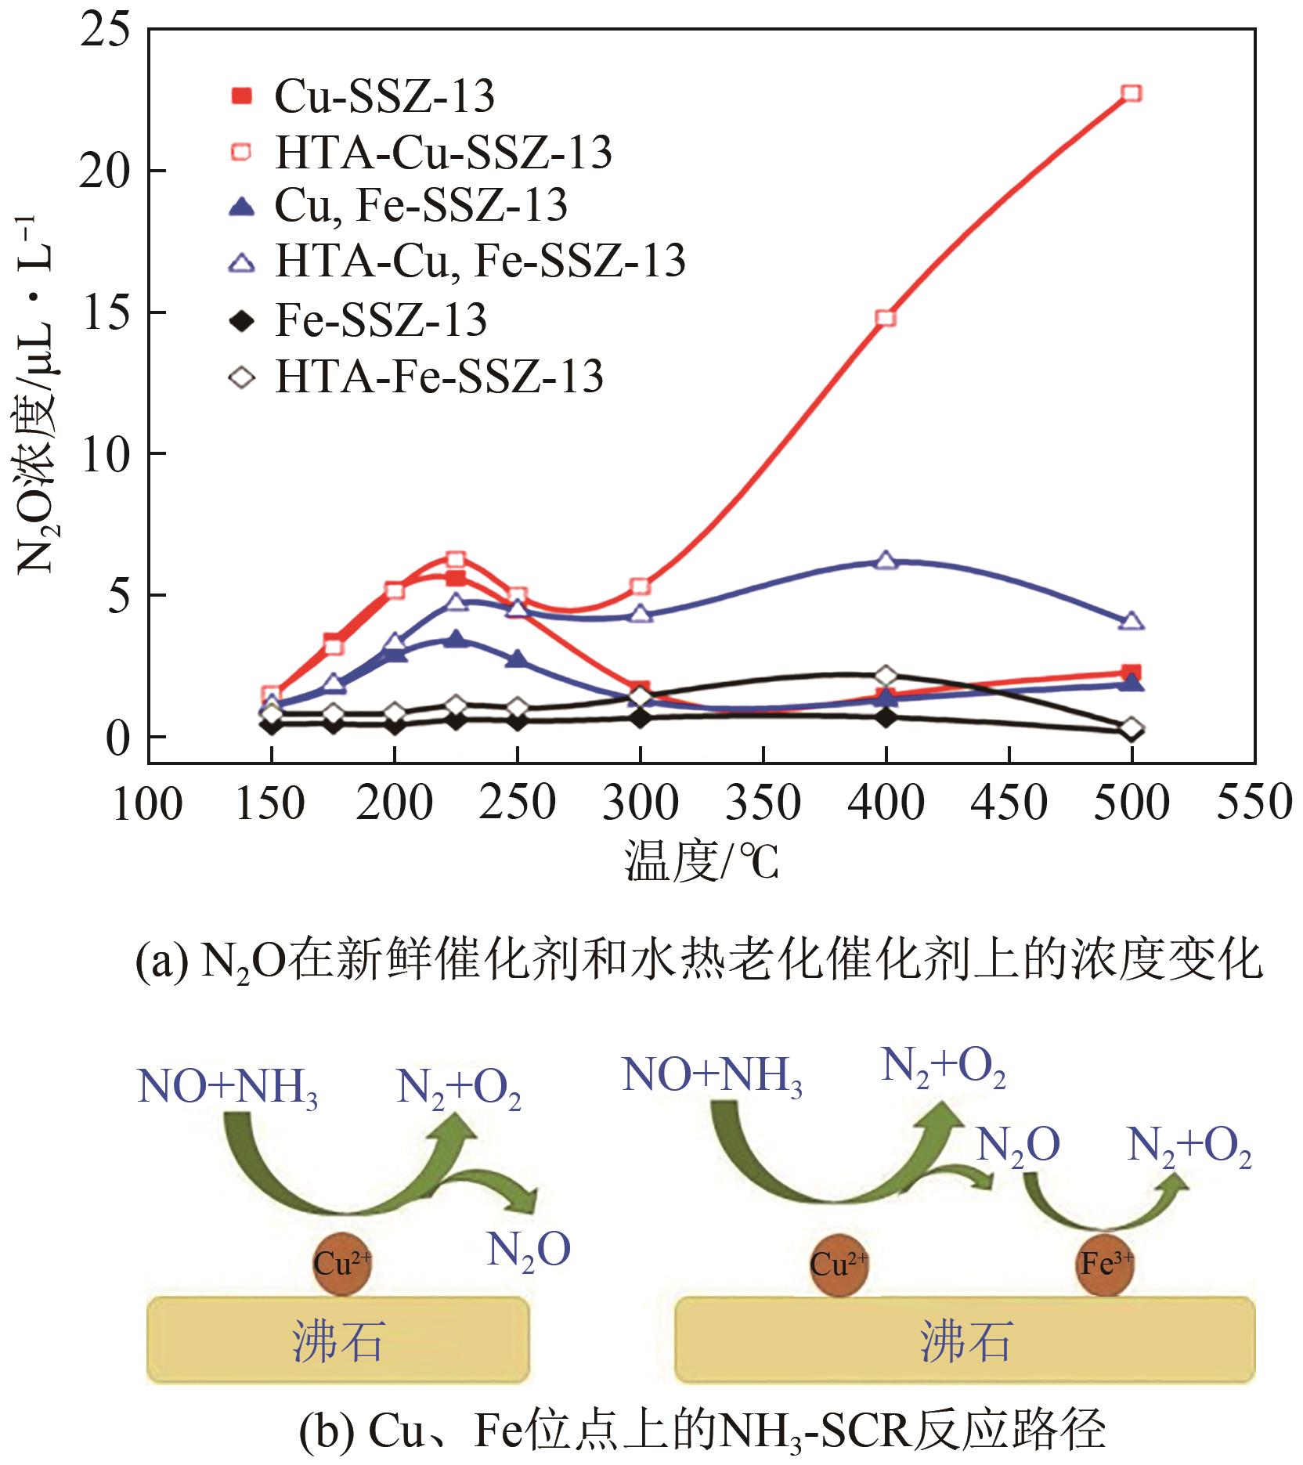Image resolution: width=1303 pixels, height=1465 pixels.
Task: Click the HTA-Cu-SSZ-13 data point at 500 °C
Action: coord(1131,94)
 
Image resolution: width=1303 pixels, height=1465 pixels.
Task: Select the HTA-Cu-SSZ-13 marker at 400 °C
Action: coord(886,318)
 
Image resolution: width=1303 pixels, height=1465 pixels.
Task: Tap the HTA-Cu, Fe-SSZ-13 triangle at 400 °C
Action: coord(886,561)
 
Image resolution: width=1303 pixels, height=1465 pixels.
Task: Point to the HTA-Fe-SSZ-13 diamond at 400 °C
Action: coord(886,676)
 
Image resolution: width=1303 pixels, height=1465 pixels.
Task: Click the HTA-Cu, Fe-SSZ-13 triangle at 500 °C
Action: coord(1131,622)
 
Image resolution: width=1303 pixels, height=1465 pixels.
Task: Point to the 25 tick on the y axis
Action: coord(105,31)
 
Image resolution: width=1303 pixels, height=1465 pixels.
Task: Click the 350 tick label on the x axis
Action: coord(763,803)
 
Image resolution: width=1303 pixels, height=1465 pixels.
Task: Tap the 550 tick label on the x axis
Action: coord(1253,803)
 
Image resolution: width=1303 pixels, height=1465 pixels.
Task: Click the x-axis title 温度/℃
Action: coord(702,861)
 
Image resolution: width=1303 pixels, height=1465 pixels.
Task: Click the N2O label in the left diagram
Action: coord(528,1250)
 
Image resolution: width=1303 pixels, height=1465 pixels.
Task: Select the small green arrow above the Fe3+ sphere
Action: coord(1104,1206)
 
